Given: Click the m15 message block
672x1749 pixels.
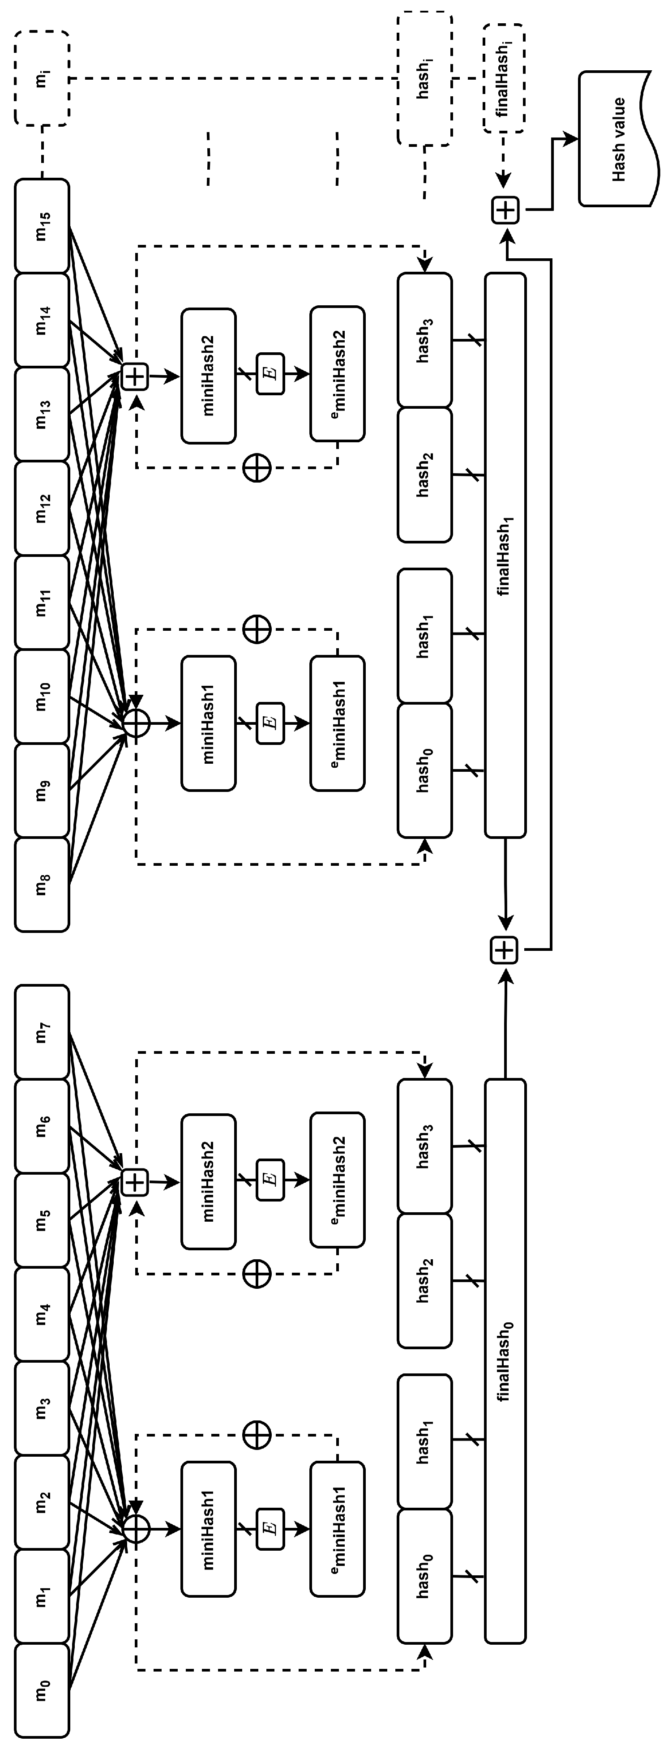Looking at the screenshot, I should click(41, 226).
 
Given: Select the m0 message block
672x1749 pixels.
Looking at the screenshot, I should click(41, 1690).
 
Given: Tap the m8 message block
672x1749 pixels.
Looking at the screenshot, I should click(41, 885).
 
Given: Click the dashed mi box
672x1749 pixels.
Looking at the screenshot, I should click(41, 78).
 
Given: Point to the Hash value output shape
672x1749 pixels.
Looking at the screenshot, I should click(618, 139).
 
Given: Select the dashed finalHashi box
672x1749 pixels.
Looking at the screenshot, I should click(503, 78).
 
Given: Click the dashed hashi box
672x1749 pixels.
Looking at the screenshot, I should click(424, 78).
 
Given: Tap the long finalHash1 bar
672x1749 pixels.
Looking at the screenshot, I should click(505, 555).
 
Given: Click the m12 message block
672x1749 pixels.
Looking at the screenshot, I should click(41, 508).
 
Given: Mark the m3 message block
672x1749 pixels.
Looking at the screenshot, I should click(41, 1408).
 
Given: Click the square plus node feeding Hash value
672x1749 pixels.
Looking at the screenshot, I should click(505, 210).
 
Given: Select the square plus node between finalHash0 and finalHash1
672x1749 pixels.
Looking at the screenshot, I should click(505, 949).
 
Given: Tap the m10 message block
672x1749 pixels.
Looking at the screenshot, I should click(41, 696).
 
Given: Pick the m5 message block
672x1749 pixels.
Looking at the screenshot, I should click(41, 1220).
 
